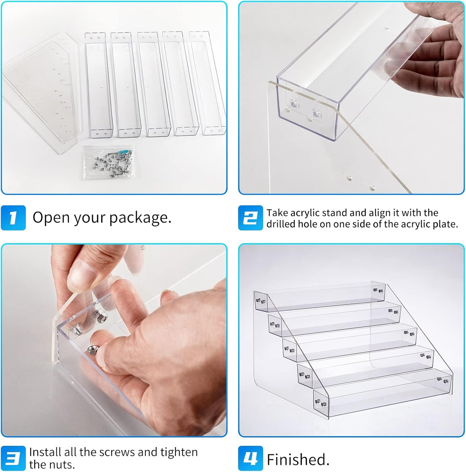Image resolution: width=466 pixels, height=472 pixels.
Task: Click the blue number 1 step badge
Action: (x=13, y=218)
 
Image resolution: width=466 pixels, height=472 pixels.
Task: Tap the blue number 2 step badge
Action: (x=250, y=218)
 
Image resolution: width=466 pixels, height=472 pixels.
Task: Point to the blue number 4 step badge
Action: (x=250, y=458)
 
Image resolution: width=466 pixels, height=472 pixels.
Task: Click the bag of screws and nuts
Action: (x=109, y=162)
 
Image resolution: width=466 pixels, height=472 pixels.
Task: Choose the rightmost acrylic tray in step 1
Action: (x=207, y=83)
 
